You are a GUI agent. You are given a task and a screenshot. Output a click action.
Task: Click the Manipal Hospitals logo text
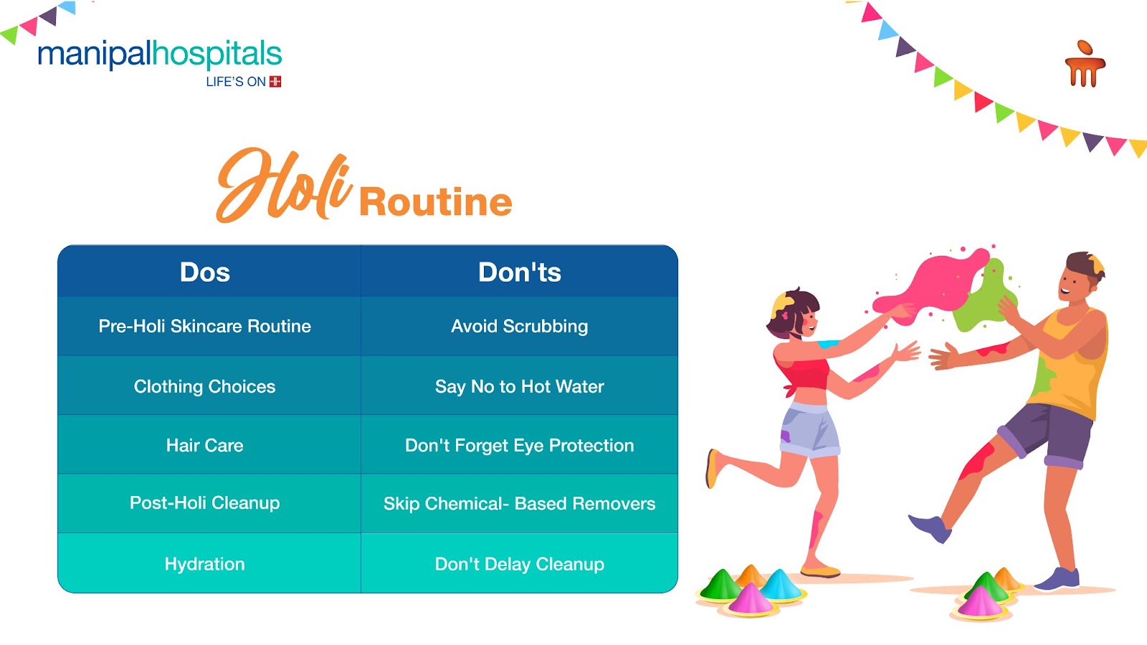[x=160, y=54]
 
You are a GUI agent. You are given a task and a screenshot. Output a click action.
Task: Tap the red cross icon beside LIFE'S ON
[x=275, y=82]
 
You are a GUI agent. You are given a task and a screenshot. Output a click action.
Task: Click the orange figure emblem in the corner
[x=1085, y=64]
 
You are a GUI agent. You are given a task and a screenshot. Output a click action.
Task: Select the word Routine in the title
[x=436, y=201]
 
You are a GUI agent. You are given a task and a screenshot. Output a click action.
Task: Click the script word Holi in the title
[x=285, y=186]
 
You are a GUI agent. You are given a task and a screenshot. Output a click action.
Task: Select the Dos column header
[x=205, y=272]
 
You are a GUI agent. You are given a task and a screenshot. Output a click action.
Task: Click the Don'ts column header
[x=519, y=272]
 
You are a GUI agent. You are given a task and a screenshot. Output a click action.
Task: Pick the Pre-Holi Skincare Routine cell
[x=205, y=326]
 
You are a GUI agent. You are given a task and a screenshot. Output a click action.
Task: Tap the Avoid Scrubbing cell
[x=519, y=326]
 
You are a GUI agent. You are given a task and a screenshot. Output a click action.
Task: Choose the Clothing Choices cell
[x=205, y=386]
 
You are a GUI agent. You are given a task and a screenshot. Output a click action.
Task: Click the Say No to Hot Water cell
[x=519, y=386]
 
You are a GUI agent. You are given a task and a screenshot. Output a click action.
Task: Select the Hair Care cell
[x=205, y=445]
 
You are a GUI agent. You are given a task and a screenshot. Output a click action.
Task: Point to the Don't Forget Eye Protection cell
[x=519, y=445]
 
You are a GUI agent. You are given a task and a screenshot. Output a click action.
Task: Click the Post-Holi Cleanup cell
[x=205, y=503]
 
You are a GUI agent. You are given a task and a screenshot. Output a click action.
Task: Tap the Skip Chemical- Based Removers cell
[x=519, y=504]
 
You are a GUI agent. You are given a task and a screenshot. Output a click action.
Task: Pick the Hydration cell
[x=205, y=564]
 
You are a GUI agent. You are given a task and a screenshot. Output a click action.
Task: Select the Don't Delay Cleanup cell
[x=519, y=564]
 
